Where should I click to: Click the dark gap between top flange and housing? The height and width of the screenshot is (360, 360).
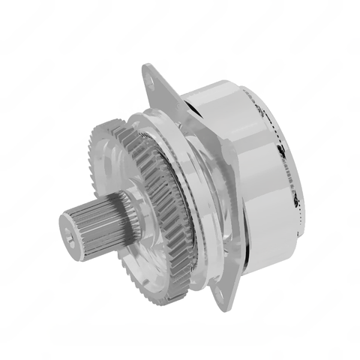(196, 112)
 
